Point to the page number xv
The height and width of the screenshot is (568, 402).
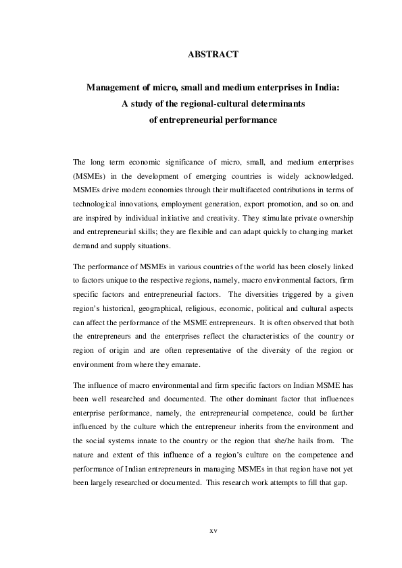click(213, 531)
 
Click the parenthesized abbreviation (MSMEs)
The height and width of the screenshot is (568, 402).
click(90, 177)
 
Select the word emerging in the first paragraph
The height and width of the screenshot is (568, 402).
click(207, 177)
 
